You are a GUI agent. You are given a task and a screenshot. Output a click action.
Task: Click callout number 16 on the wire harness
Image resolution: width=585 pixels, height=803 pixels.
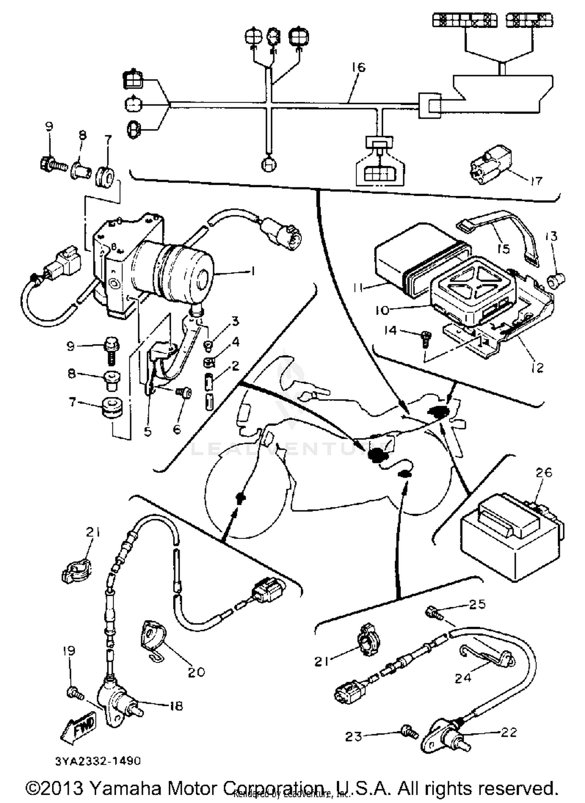pos(358,67)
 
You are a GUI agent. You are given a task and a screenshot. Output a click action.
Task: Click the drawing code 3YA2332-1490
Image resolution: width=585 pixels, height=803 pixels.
pos(97,761)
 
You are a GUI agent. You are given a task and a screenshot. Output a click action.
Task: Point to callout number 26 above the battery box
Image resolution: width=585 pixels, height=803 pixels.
pos(544,473)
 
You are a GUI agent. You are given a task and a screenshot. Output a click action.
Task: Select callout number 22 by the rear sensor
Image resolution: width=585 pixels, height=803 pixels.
pos(509,732)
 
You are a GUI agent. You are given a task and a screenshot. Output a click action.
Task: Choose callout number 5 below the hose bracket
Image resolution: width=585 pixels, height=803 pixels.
pos(147,431)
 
